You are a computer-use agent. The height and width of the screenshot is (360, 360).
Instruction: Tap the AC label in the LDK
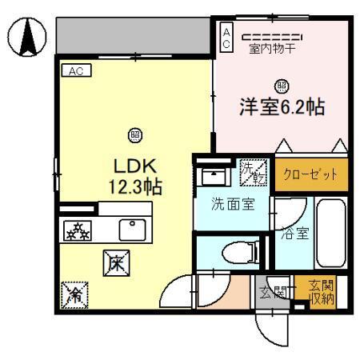77,70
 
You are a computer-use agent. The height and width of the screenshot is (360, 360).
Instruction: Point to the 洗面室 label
233,203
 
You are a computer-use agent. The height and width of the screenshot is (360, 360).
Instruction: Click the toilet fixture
234,253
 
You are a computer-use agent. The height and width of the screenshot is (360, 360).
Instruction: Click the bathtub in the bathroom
330,236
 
